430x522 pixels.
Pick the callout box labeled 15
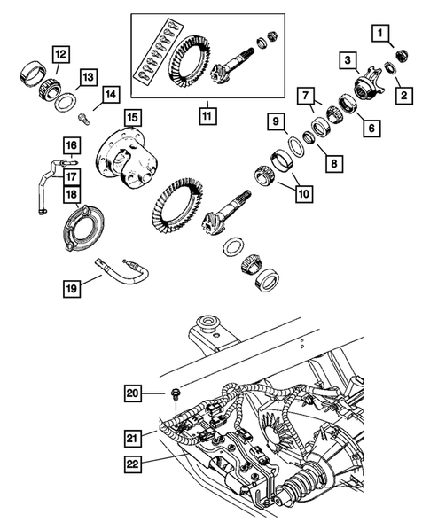pos(132,117)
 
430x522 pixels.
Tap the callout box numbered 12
pos(59,55)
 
